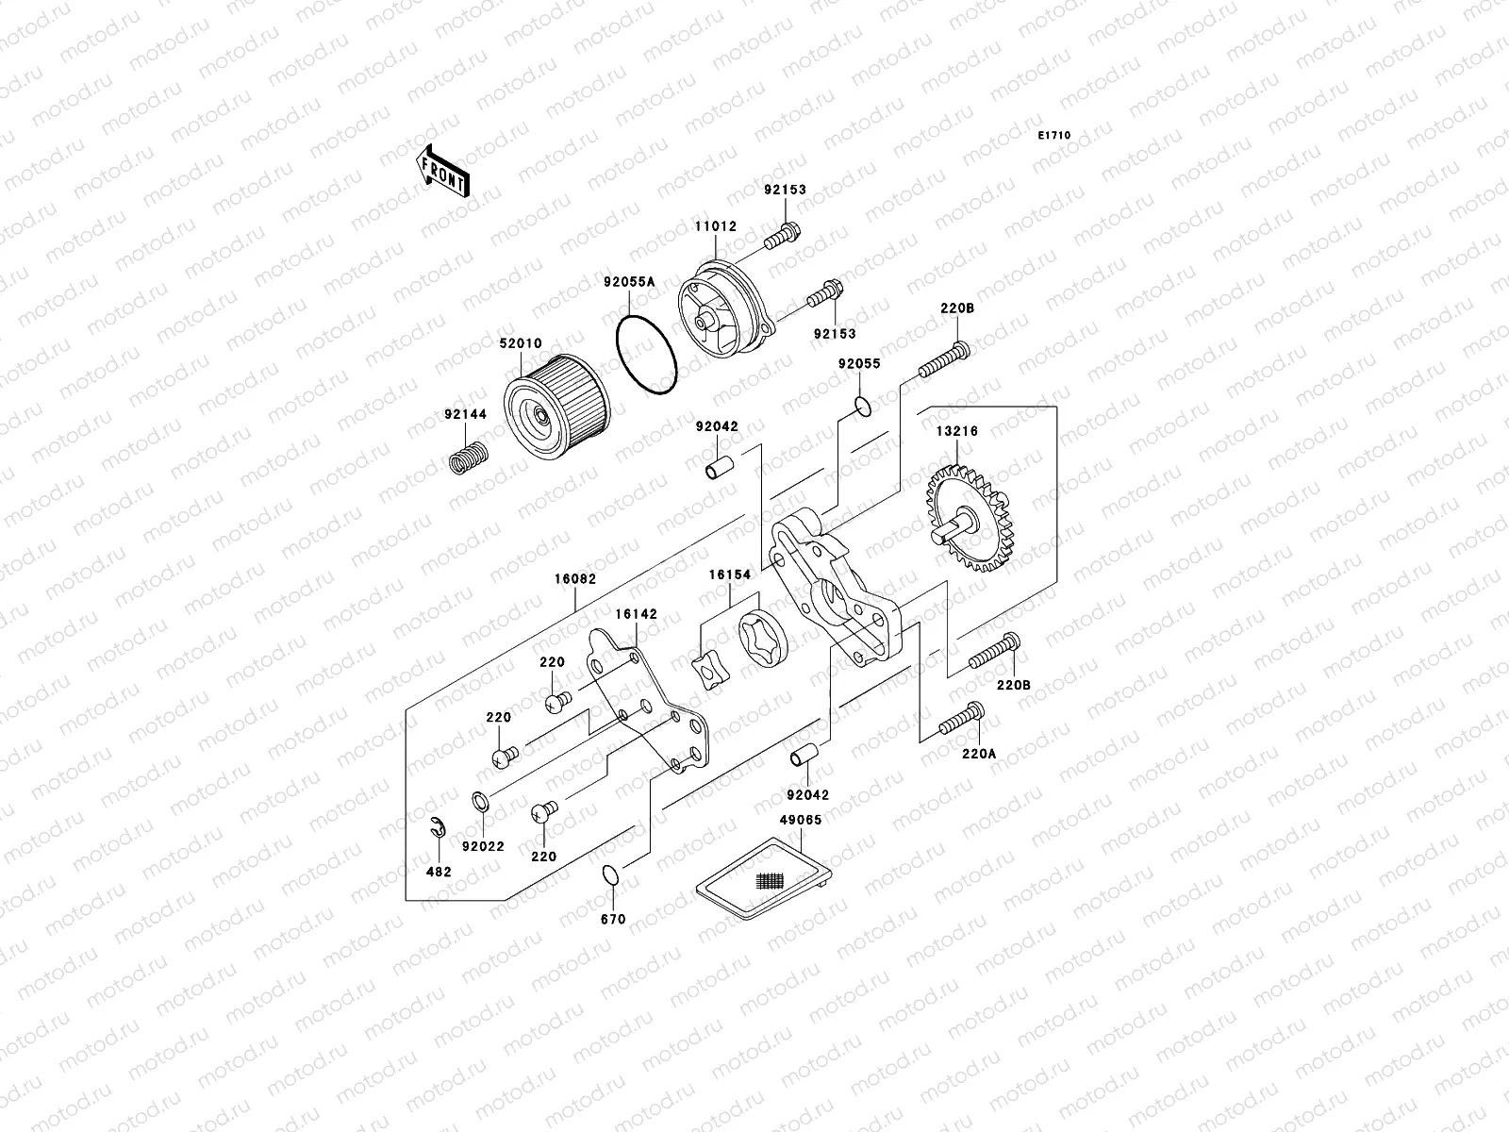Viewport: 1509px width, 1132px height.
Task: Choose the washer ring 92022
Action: tap(480, 803)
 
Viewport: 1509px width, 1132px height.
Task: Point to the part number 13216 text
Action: tap(956, 431)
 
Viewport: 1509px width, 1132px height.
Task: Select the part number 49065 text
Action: tap(800, 820)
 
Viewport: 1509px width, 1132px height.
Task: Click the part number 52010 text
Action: tap(521, 344)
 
